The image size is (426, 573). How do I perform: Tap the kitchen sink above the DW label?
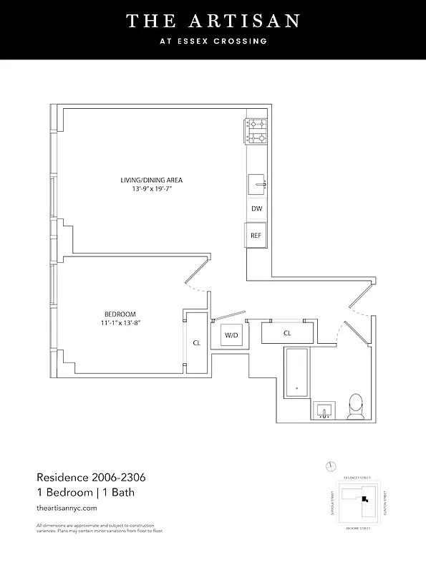pyautogui.click(x=256, y=185)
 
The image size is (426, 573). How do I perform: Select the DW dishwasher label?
pyautogui.click(x=256, y=208)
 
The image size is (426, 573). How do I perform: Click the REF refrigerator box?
pyautogui.click(x=256, y=235)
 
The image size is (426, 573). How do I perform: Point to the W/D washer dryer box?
pyautogui.click(x=231, y=335)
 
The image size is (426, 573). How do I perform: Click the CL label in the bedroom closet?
pyautogui.click(x=196, y=343)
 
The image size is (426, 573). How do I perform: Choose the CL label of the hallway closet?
pyautogui.click(x=287, y=333)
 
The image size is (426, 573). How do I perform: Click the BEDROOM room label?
pyautogui.click(x=119, y=314)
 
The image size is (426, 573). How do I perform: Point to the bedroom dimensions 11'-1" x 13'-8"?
pyautogui.click(x=119, y=323)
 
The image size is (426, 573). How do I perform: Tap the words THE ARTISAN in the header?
pyautogui.click(x=213, y=21)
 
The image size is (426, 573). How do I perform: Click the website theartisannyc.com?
pyautogui.click(x=66, y=508)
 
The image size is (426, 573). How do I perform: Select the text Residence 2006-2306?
pyautogui.click(x=91, y=477)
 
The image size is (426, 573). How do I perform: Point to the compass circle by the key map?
pyautogui.click(x=330, y=466)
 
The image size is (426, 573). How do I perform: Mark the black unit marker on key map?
pyautogui.click(x=364, y=499)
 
